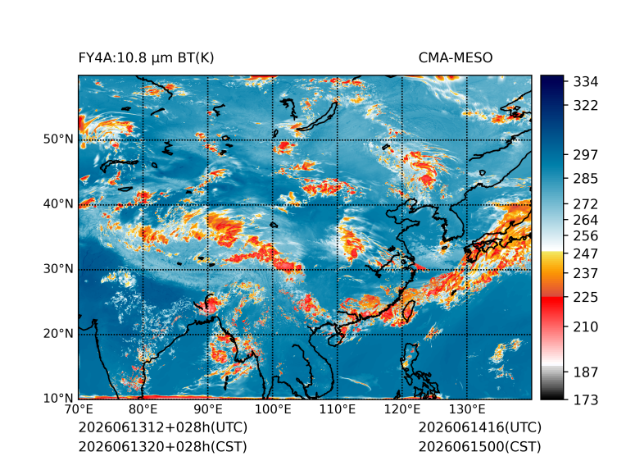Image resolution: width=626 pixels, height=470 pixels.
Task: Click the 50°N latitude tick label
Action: pos(58,139)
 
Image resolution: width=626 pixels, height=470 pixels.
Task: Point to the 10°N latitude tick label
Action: pos(58,398)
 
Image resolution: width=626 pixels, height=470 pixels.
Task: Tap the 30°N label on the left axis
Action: pos(58,268)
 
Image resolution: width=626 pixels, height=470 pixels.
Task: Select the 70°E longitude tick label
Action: pos(79,409)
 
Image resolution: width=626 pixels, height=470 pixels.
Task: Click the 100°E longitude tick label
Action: pos(273,409)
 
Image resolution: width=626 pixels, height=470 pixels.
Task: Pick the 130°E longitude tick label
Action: pos(467,409)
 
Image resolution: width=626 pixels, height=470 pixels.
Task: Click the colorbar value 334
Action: pos(586,82)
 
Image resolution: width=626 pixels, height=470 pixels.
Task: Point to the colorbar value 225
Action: pos(586,298)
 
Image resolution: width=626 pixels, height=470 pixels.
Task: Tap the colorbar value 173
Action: pos(586,399)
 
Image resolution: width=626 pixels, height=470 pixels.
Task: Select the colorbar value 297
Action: pos(586,155)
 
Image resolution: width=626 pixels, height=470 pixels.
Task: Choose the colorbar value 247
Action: pos(586,253)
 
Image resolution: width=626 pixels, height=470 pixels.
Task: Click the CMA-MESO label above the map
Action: pos(456,58)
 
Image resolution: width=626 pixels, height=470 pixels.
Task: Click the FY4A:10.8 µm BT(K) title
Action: pos(146,58)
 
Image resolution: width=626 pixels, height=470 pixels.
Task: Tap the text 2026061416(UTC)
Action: pos(480,427)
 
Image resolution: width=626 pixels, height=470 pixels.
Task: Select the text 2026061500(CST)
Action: pos(480,446)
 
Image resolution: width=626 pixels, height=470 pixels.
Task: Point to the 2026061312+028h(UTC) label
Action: pos(163,427)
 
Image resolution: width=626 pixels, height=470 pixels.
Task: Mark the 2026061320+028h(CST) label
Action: pos(163,446)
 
